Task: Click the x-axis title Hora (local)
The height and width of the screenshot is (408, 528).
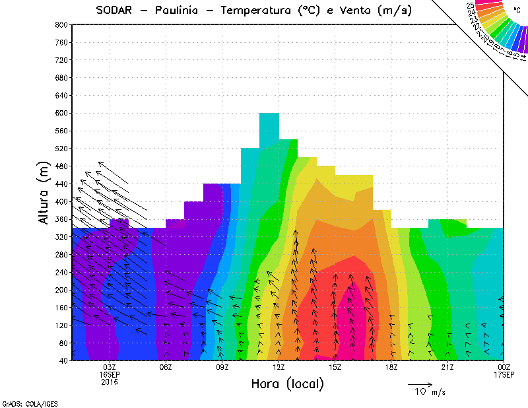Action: pyautogui.click(x=287, y=384)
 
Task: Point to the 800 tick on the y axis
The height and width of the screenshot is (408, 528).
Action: pyautogui.click(x=61, y=24)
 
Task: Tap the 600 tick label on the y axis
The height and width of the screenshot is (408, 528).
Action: pyautogui.click(x=61, y=113)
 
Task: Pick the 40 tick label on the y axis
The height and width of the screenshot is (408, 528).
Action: pyautogui.click(x=63, y=360)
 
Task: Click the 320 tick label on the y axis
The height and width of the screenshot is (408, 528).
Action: pyautogui.click(x=61, y=237)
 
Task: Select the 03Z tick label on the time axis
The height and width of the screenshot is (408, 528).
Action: pyautogui.click(x=110, y=367)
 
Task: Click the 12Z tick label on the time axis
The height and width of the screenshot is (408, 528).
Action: pyautogui.click(x=279, y=367)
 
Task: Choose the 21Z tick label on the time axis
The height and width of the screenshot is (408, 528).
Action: pyautogui.click(x=447, y=367)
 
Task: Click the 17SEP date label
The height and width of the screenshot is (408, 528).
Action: pyautogui.click(x=504, y=374)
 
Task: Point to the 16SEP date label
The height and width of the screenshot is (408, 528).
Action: pyautogui.click(x=110, y=374)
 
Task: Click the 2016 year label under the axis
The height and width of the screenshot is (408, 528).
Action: pyautogui.click(x=110, y=382)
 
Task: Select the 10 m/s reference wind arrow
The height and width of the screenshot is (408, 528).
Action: pyautogui.click(x=419, y=384)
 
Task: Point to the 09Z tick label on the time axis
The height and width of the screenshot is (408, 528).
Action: pyautogui.click(x=222, y=367)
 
